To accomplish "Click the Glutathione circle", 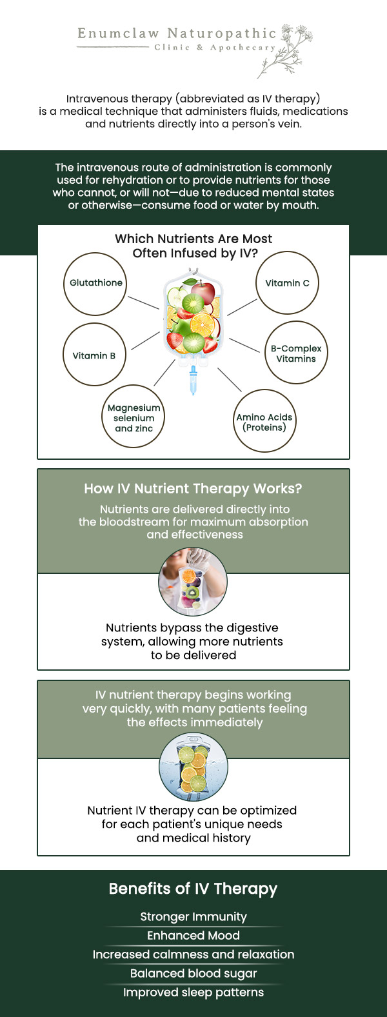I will [95, 284].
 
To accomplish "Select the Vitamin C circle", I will [288, 283].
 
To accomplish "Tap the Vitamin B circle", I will [94, 355].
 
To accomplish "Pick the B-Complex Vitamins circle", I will [296, 353].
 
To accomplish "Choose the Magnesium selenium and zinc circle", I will [134, 417].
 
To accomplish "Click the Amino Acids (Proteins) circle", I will [264, 422].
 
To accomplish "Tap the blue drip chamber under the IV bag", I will [192, 380].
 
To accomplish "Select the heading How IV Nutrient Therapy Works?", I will [193, 489].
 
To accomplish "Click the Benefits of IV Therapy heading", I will [193, 889].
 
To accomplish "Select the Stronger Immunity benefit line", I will [193, 916].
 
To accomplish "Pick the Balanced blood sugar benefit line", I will [193, 973].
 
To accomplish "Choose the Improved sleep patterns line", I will [193, 992].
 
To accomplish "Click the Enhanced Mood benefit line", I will [193, 935].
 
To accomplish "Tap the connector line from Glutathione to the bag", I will [143, 302].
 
